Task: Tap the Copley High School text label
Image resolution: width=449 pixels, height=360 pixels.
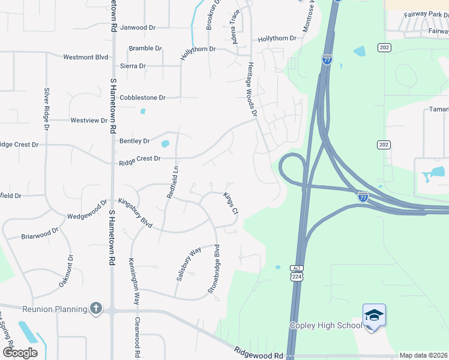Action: point(326,325)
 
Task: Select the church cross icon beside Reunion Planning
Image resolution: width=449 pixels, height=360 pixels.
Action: point(96,308)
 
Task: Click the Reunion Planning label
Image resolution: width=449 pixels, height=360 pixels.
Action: point(55,309)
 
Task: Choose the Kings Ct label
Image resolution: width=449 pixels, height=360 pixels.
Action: point(231,203)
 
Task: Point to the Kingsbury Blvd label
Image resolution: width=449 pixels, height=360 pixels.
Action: point(135,212)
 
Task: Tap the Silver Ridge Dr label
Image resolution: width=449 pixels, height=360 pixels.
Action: point(46,109)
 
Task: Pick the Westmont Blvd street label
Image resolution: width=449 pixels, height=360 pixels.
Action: point(86,57)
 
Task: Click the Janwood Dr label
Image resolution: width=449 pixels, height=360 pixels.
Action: point(137,28)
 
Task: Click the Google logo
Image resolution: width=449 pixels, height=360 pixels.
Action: point(20,353)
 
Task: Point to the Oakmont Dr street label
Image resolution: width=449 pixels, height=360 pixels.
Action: point(65,271)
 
